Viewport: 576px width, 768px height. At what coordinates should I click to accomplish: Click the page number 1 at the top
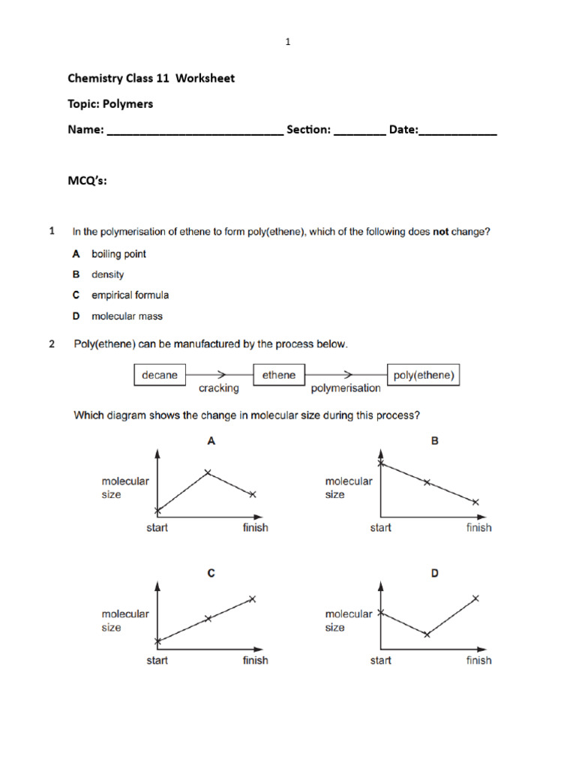[287, 43]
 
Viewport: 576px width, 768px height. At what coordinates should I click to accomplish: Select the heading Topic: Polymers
[110, 103]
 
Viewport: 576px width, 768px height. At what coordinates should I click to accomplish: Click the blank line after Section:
[359, 132]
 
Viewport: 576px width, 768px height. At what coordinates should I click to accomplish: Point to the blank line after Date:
[457, 132]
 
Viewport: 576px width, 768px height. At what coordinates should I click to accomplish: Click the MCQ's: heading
[87, 180]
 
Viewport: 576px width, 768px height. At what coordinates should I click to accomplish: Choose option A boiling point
[118, 254]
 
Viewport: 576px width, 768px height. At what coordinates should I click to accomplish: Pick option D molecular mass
[126, 316]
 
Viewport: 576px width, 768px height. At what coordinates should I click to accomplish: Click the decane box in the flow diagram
[159, 375]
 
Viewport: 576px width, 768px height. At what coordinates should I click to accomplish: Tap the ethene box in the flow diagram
[279, 375]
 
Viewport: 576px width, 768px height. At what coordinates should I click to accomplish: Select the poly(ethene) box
[424, 375]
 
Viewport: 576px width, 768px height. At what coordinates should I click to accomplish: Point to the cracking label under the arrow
[218, 388]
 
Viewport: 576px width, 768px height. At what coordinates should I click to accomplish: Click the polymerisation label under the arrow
[346, 388]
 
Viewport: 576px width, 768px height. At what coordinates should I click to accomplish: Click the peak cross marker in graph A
[208, 472]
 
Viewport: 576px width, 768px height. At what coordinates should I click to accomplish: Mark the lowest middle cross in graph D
[427, 634]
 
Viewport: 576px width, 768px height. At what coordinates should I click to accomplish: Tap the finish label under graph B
[478, 528]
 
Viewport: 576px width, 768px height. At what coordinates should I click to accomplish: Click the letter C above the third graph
[211, 574]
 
